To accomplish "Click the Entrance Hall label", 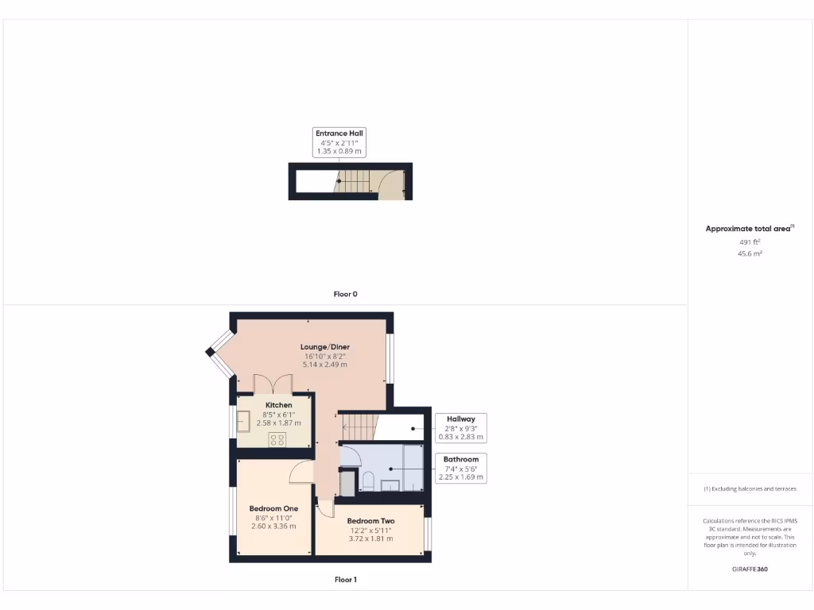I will pyautogui.click(x=340, y=133).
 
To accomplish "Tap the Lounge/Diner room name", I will pyautogui.click(x=324, y=347).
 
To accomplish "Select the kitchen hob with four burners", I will pyautogui.click(x=277, y=439).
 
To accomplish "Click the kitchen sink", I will pyautogui.click(x=242, y=421).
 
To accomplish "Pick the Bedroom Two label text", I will pyautogui.click(x=370, y=521).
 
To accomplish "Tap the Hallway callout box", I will pyautogui.click(x=460, y=427).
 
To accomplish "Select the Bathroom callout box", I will pyautogui.click(x=460, y=468).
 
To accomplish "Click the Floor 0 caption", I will pyautogui.click(x=345, y=294).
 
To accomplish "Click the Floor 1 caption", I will pyautogui.click(x=345, y=580).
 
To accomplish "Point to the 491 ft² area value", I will pyautogui.click(x=750, y=242).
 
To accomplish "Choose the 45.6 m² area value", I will pyautogui.click(x=750, y=254).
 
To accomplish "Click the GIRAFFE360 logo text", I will pyautogui.click(x=750, y=569).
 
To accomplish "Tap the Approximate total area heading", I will pyautogui.click(x=748, y=229).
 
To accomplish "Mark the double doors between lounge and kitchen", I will pyautogui.click(x=273, y=384).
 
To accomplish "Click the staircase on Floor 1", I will pyautogui.click(x=357, y=427).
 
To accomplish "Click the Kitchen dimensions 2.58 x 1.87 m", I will pyautogui.click(x=273, y=424).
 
